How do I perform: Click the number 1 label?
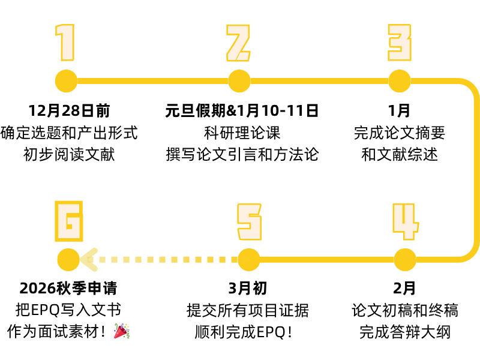click(x=65, y=43)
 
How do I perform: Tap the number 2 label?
click(x=238, y=44)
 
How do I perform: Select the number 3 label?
click(x=400, y=43)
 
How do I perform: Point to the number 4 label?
click(x=405, y=221)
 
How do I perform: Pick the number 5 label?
click(x=249, y=222)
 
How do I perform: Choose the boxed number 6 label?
click(x=69, y=221)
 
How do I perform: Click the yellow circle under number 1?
click(x=66, y=81)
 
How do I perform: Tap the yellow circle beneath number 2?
click(x=239, y=81)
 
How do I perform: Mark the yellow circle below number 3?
click(x=400, y=81)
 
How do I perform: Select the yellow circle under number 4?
click(x=405, y=260)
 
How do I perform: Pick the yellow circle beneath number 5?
click(x=249, y=260)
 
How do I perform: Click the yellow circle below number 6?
click(x=68, y=260)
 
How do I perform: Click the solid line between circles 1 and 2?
click(x=152, y=81)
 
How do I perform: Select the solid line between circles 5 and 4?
click(x=327, y=260)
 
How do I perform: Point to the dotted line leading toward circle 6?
click(x=168, y=260)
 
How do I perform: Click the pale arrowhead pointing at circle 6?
click(x=88, y=260)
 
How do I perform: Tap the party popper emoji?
click(x=122, y=331)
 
